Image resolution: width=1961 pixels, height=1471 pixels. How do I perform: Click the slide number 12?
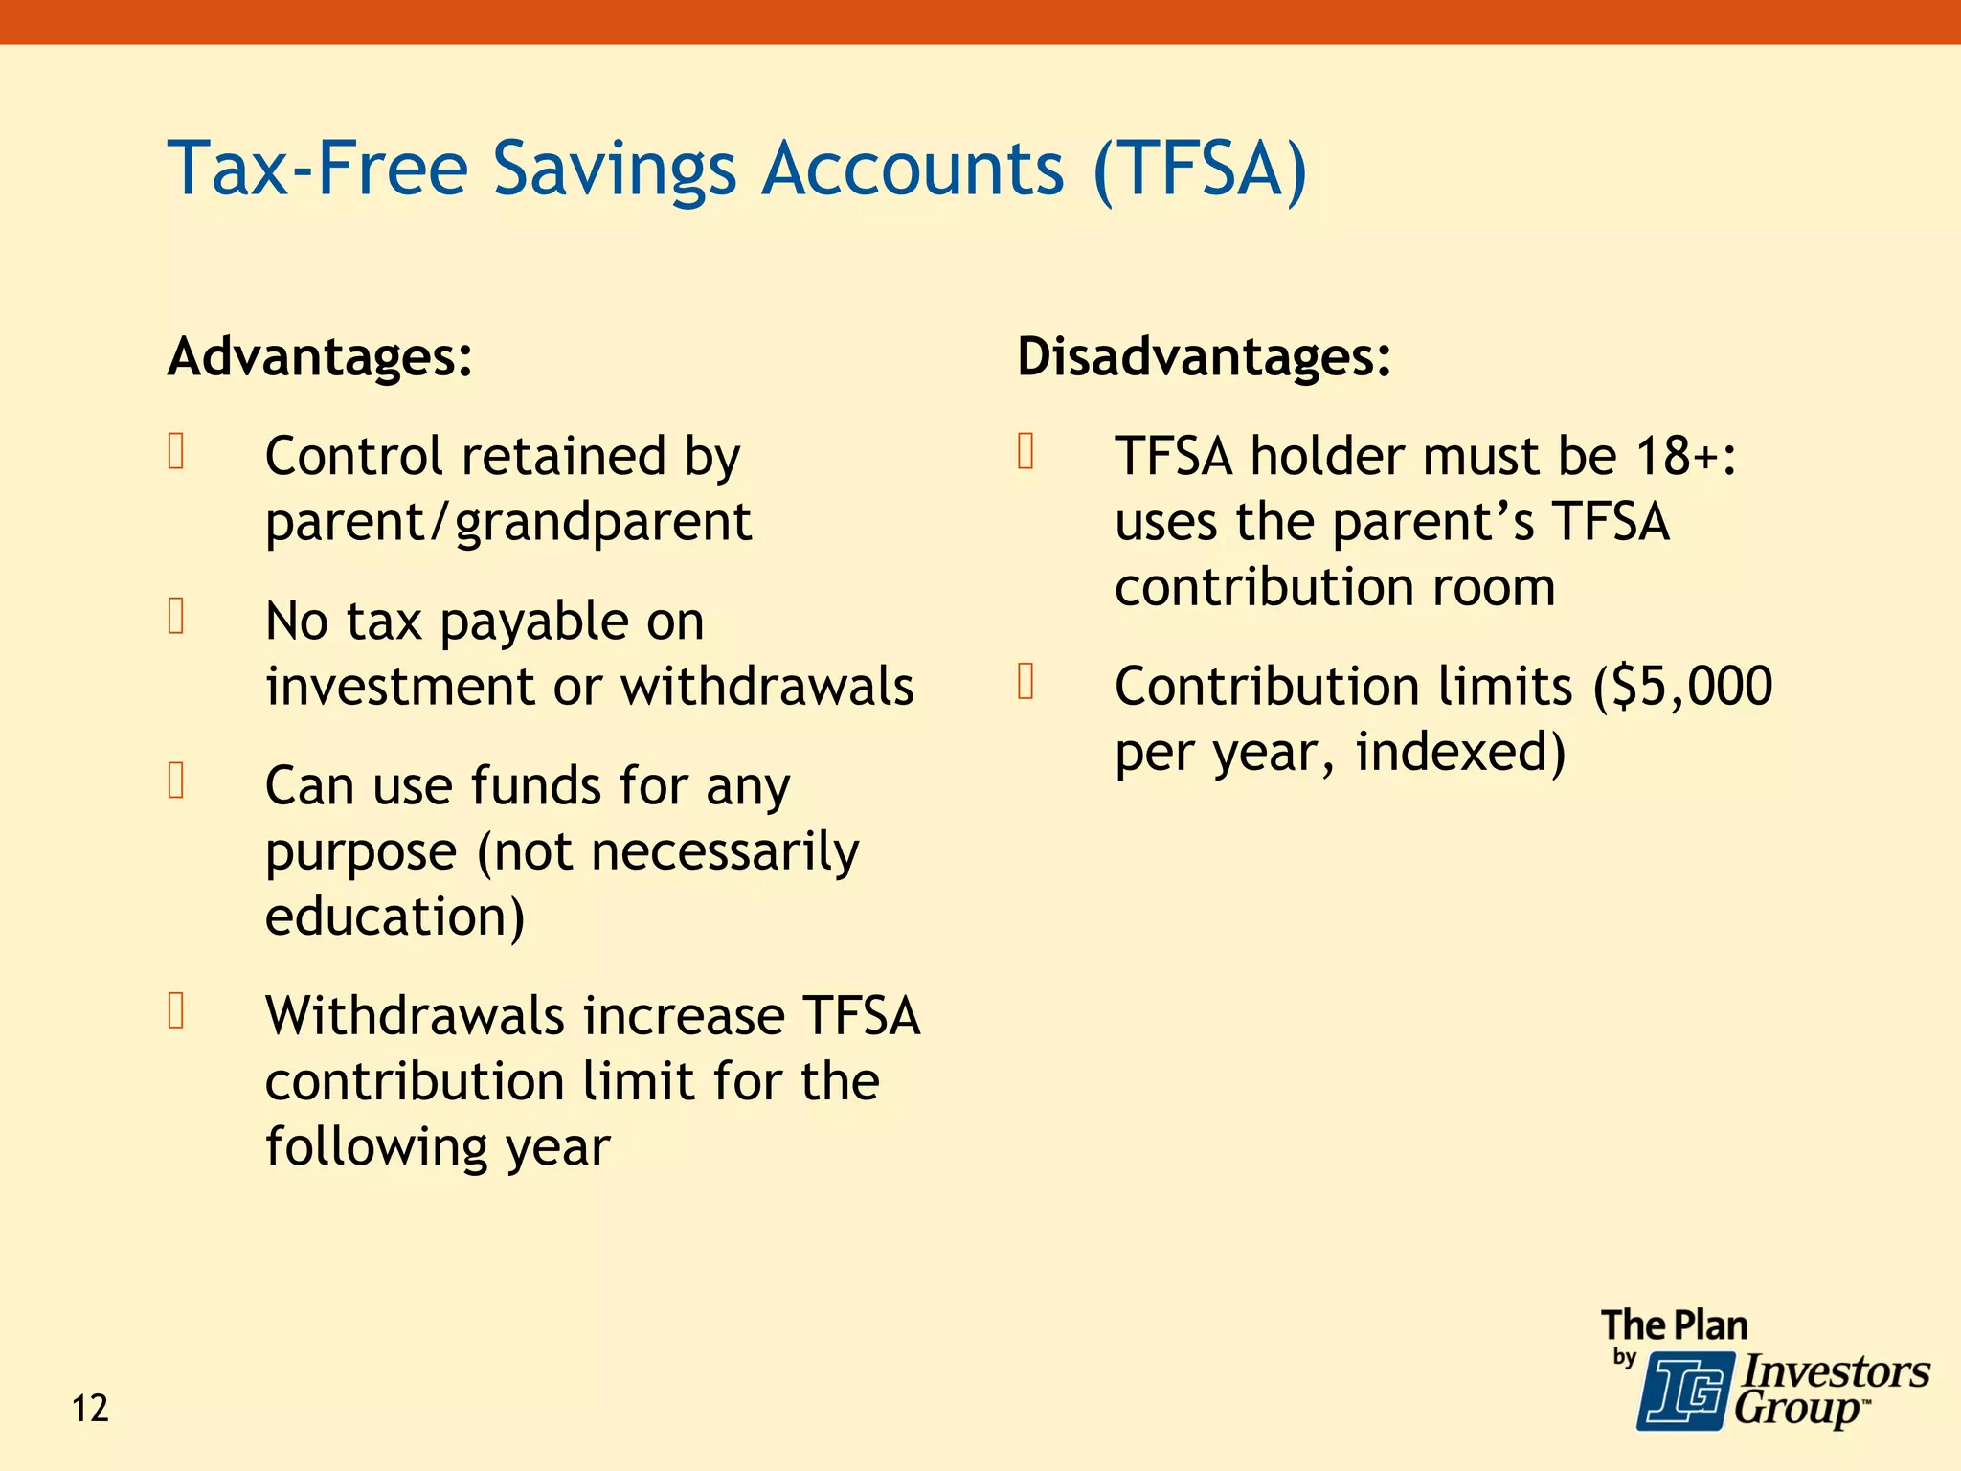[x=91, y=1409]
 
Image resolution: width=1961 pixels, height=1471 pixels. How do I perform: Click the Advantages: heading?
[x=320, y=357]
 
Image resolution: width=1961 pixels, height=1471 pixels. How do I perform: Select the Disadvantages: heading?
[x=1204, y=357]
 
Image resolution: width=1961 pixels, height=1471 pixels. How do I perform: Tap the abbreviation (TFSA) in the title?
[x=1200, y=169]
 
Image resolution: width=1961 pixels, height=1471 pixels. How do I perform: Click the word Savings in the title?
[x=615, y=169]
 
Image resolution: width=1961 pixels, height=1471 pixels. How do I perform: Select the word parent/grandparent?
[x=508, y=523]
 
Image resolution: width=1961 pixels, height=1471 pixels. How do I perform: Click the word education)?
[x=394, y=917]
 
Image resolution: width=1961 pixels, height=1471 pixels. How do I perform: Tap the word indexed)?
[x=1461, y=752]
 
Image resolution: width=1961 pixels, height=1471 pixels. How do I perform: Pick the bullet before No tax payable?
[x=176, y=616]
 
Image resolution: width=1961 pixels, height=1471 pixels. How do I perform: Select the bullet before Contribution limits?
[x=1026, y=681]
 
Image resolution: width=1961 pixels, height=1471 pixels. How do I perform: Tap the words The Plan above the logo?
[x=1674, y=1325]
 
